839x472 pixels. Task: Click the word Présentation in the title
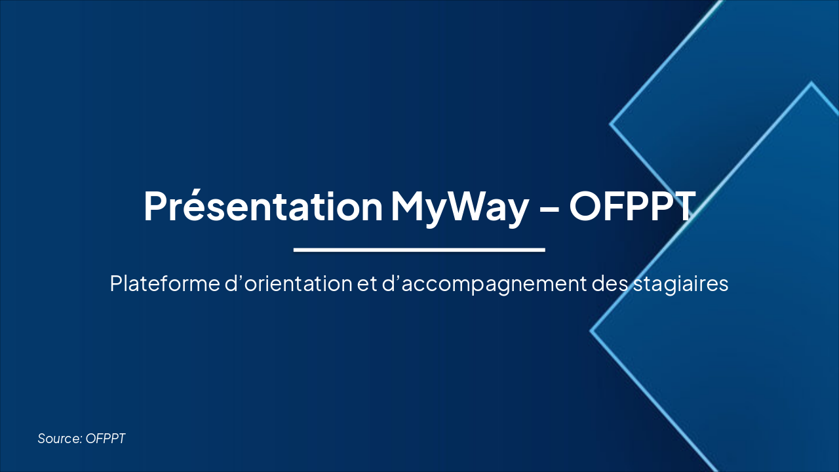[262, 205]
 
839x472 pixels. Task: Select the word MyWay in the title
[459, 205]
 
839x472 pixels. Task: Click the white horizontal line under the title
[419, 249]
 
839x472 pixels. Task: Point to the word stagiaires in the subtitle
[681, 284]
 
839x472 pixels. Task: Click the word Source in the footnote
[59, 439]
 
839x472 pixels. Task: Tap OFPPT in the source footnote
[106, 439]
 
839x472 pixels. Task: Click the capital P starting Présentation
[155, 205]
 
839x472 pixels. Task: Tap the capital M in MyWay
[412, 205]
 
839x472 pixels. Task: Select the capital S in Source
[41, 439]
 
